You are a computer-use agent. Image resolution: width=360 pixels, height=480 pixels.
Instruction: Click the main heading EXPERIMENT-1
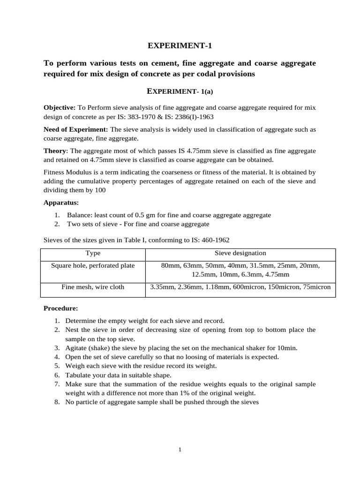coord(180,45)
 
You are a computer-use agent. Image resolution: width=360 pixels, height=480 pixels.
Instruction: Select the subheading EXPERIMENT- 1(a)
coord(180,91)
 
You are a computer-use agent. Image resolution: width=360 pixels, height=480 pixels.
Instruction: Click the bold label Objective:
coord(60,107)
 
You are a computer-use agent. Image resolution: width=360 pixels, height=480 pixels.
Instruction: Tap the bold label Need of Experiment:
coord(76,129)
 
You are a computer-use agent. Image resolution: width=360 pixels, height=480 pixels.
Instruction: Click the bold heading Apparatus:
coord(61,202)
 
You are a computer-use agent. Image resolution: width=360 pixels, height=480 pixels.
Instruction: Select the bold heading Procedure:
coord(61,308)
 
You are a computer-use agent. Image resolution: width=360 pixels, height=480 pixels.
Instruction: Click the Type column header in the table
coord(93,253)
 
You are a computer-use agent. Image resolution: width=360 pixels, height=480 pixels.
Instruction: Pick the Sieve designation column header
coord(240,253)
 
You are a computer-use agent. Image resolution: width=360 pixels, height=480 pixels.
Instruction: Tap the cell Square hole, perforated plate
coord(93,266)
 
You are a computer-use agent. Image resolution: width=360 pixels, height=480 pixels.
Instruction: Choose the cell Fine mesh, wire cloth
coord(93,287)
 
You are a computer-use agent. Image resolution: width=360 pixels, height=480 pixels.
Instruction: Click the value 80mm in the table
coord(170,266)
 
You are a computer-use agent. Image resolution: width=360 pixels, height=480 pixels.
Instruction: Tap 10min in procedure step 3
coord(287,348)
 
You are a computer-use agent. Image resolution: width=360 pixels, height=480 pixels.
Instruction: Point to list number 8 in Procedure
coord(56,402)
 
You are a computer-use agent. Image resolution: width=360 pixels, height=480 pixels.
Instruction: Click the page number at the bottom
coord(180,450)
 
